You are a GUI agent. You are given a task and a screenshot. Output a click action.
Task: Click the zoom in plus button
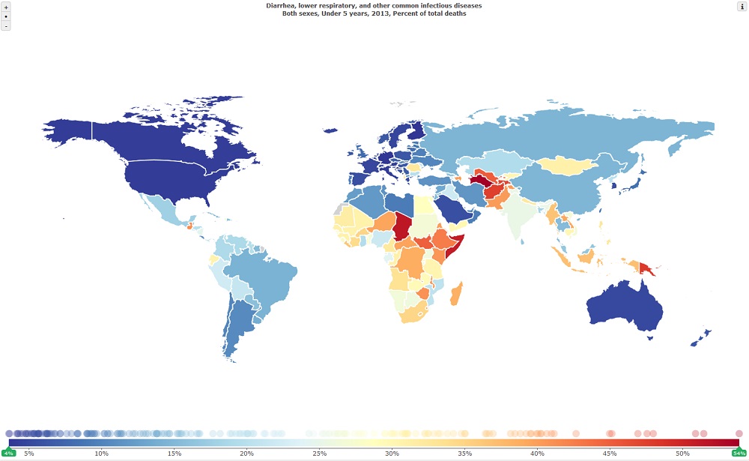coord(6,6)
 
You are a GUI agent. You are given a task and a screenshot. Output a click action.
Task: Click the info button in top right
coord(742,6)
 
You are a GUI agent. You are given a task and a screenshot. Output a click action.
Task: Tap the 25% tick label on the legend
coord(319,454)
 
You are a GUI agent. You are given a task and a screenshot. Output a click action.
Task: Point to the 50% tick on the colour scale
coord(682,454)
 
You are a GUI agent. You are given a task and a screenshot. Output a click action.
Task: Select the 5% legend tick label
coord(29,454)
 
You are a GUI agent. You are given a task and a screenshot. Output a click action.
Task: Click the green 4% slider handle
coord(9,453)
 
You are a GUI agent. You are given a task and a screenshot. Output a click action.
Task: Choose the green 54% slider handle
coord(739,453)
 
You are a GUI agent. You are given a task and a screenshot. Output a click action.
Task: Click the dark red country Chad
coord(401,225)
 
